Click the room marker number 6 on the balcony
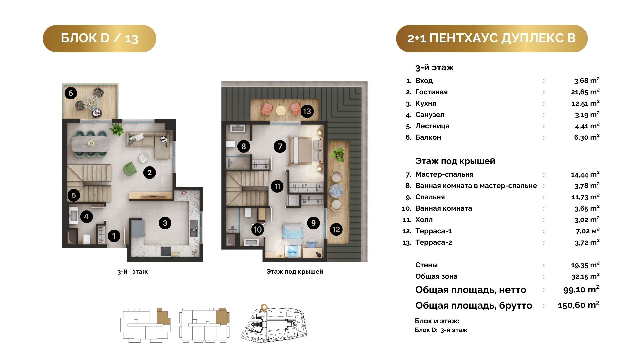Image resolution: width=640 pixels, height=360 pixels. click(x=71, y=93)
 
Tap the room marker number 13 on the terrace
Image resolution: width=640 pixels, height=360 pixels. click(x=307, y=111)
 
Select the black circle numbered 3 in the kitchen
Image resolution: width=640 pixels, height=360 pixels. click(x=165, y=223)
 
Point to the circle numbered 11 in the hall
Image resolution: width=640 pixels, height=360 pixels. click(x=277, y=186)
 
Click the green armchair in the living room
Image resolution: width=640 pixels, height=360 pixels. click(x=130, y=168)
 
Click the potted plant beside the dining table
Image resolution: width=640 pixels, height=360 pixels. click(x=117, y=129)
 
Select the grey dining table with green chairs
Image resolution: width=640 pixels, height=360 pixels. click(x=91, y=143)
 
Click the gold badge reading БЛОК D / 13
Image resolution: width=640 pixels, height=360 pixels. click(x=99, y=38)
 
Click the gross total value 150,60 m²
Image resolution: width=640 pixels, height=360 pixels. click(x=579, y=305)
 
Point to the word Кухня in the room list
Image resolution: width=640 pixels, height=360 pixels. click(x=426, y=103)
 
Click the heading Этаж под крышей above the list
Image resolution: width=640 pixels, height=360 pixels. click(x=455, y=161)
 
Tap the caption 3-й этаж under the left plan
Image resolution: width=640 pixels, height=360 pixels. click(x=132, y=272)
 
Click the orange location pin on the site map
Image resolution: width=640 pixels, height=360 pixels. click(x=264, y=308)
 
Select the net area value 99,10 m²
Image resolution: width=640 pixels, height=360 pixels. click(x=581, y=289)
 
